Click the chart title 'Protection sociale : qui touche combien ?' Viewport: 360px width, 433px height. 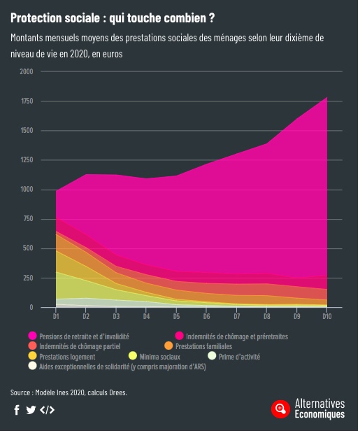click(x=112, y=17)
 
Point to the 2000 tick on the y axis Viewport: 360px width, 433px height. click(x=26, y=71)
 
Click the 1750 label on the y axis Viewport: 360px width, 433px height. click(x=26, y=101)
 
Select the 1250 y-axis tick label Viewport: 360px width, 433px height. click(x=26, y=160)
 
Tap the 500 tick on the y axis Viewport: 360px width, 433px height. click(x=27, y=248)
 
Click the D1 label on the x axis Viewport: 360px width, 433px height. click(x=57, y=317)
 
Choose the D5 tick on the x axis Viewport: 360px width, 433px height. click(x=176, y=317)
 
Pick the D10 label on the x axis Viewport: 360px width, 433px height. click(x=326, y=317)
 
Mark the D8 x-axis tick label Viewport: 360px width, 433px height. click(x=266, y=317)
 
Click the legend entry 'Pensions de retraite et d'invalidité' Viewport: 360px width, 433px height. click(x=84, y=336)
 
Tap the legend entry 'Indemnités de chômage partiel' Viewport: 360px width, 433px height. click(x=76, y=346)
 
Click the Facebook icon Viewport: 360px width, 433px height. click(x=17, y=410)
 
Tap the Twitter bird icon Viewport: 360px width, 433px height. click(x=31, y=410)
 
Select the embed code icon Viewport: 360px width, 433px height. click(x=47, y=410)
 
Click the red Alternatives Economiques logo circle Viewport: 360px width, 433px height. click(x=280, y=409)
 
